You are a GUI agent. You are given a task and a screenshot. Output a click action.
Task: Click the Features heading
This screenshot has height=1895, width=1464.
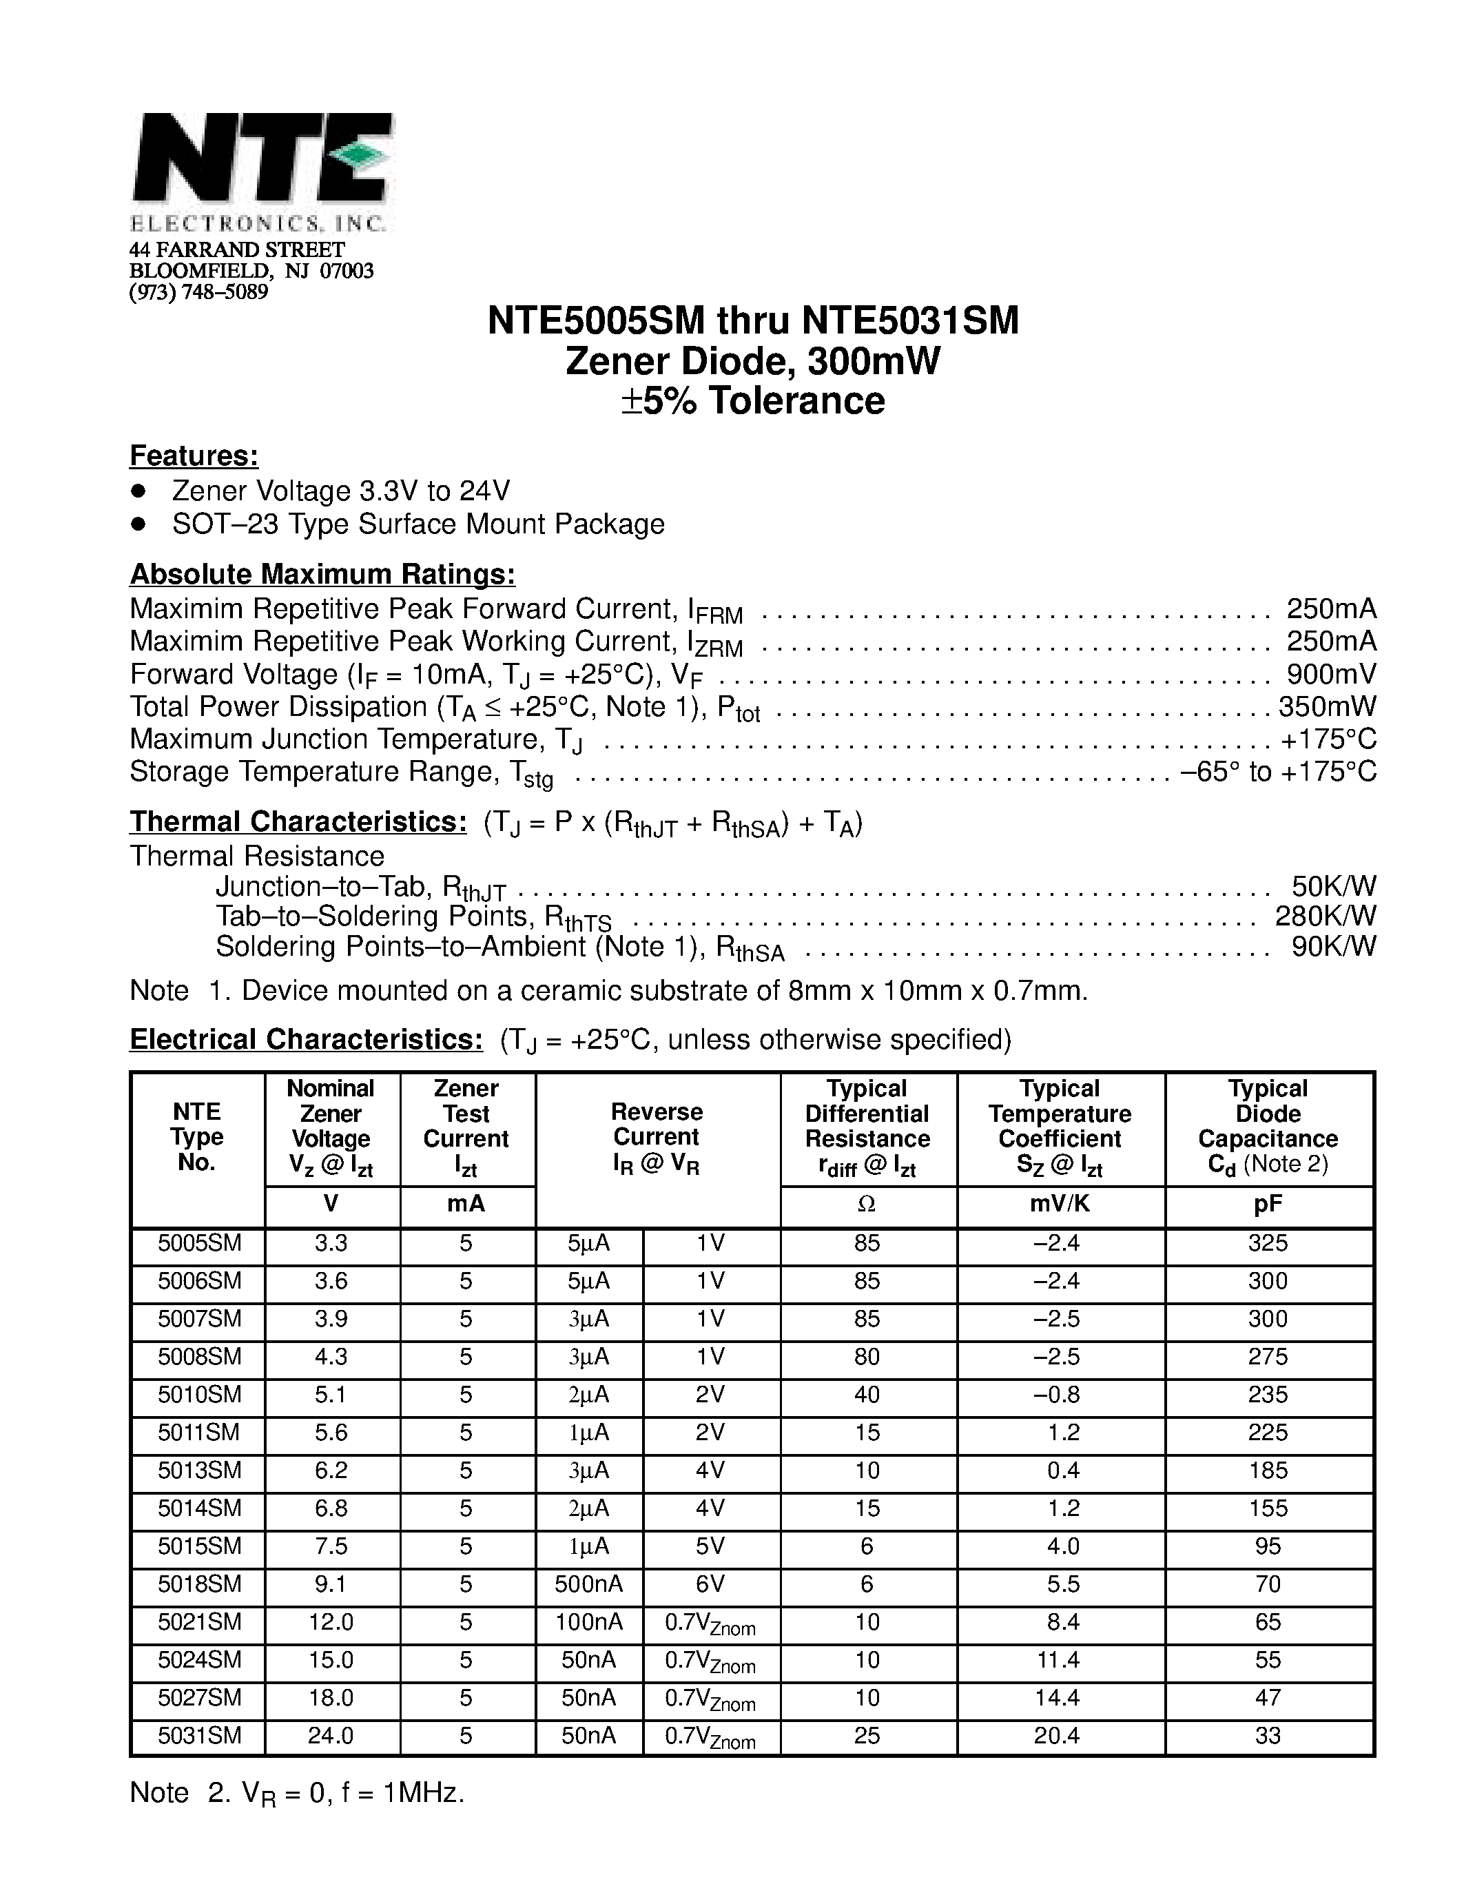[194, 455]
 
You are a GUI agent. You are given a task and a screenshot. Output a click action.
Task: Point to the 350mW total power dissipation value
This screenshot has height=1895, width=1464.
[1327, 706]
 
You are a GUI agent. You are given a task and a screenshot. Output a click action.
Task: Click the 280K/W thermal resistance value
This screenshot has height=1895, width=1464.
[1326, 916]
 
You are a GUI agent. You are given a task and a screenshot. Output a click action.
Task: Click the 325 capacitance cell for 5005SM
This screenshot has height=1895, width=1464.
[1268, 1243]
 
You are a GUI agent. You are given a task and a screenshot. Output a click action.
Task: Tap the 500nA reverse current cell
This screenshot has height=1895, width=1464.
[589, 1584]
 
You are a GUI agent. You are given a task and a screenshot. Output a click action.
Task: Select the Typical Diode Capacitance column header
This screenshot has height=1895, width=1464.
[1268, 1126]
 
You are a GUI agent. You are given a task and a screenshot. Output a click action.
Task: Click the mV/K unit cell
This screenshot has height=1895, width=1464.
[1060, 1205]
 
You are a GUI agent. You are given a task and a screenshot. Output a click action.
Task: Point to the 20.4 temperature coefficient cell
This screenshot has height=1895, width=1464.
[1058, 1735]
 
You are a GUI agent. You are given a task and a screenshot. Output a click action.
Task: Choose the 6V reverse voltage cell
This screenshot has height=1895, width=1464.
[710, 1584]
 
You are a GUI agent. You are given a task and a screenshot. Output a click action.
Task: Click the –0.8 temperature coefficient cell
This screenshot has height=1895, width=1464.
[1058, 1394]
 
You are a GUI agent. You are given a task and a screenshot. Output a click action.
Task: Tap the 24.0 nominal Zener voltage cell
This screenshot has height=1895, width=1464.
[331, 1735]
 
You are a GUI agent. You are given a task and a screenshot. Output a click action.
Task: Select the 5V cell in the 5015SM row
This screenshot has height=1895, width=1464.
[710, 1546]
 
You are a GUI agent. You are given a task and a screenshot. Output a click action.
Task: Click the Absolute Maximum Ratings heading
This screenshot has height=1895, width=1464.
[322, 575]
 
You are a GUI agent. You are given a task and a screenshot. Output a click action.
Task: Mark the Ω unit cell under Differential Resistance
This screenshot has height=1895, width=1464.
[867, 1205]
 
